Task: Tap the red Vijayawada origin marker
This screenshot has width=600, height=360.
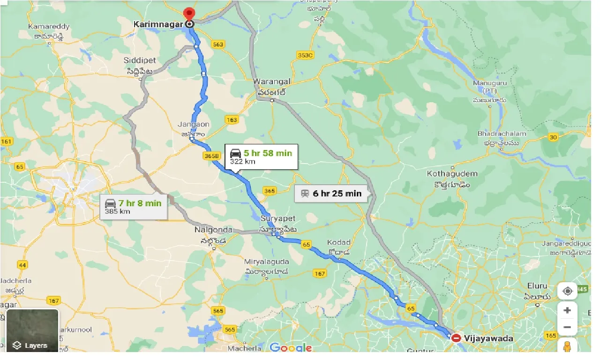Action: pos(456,337)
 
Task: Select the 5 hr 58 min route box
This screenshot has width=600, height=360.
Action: pos(261,157)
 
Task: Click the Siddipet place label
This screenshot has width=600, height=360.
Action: pos(140,60)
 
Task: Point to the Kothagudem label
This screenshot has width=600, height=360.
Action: pos(452,173)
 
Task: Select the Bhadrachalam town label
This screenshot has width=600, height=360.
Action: pos(502,134)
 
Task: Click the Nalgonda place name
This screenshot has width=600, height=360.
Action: pos(213,230)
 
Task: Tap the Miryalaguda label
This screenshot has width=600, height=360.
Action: pos(266,262)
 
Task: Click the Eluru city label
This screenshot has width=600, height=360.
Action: pos(537,285)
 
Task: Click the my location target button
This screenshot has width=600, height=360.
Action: pos(567,291)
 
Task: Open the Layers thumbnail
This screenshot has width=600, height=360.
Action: pos(32,331)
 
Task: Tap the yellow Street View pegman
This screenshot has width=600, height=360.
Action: pos(567,347)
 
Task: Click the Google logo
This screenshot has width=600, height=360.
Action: pos(291,347)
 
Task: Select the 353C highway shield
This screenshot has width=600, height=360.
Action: pos(305,55)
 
